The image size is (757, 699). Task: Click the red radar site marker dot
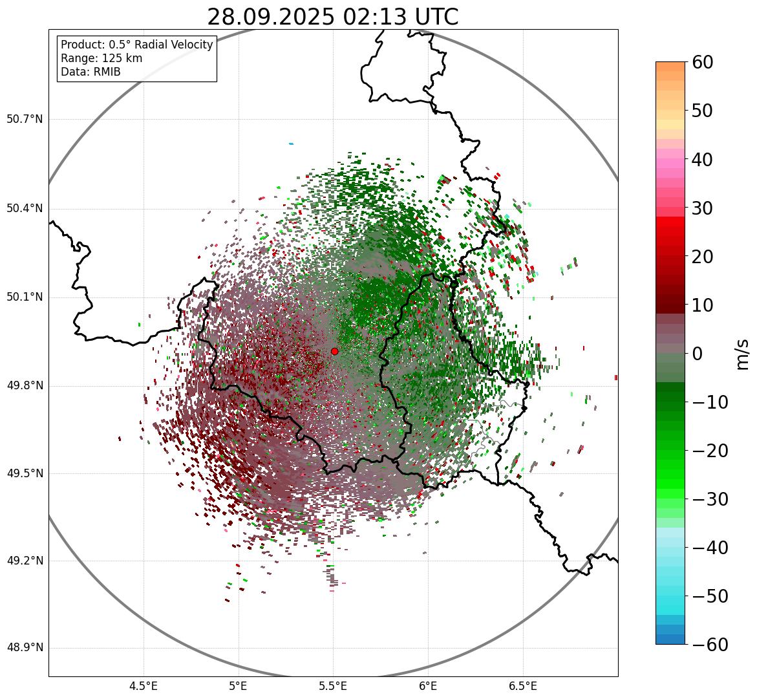pyautogui.click(x=334, y=351)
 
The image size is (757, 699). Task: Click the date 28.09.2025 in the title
pyautogui.click(x=270, y=17)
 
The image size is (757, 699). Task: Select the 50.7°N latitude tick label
pyautogui.click(x=25, y=119)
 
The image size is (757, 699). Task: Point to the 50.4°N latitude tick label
pyautogui.click(x=25, y=208)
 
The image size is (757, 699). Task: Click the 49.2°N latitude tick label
pyautogui.click(x=25, y=560)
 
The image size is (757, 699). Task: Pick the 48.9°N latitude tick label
pyautogui.click(x=25, y=647)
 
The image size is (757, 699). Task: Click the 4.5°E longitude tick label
pyautogui.click(x=144, y=685)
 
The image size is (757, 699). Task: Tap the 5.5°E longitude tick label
pyautogui.click(x=333, y=685)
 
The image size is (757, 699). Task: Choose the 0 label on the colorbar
pyautogui.click(x=698, y=354)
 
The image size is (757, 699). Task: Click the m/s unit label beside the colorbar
pyautogui.click(x=743, y=354)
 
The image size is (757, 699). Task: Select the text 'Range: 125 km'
pyautogui.click(x=101, y=58)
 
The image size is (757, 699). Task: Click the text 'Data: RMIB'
pyautogui.click(x=91, y=72)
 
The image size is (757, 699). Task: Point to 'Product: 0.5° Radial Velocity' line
pyautogui.click(x=136, y=45)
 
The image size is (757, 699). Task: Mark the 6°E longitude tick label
pyautogui.click(x=428, y=685)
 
